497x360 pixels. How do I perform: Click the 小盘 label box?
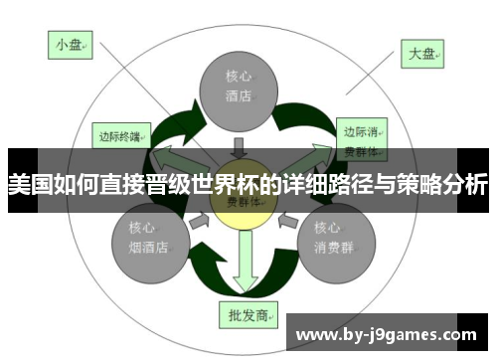(x=69, y=44)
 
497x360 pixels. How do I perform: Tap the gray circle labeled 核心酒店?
(x=238, y=88)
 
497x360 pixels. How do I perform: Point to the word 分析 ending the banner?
(x=466, y=184)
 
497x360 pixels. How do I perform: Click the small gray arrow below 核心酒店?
(x=239, y=145)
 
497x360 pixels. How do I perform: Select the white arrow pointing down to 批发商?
(x=242, y=269)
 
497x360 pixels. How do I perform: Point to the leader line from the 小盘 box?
(x=129, y=90)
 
